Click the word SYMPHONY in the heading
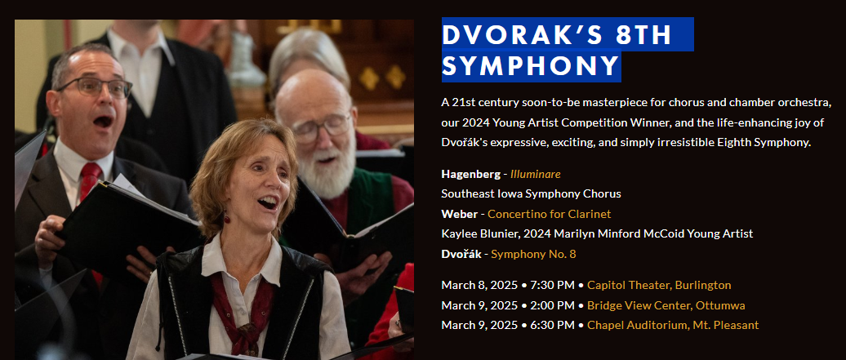(x=530, y=66)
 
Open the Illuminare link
(x=535, y=174)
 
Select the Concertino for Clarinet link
(x=550, y=214)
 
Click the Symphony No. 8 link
(x=533, y=254)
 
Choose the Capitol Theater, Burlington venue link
(x=659, y=285)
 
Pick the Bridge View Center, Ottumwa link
(x=666, y=305)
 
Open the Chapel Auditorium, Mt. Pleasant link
(x=673, y=325)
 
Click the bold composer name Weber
(x=459, y=214)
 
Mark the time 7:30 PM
(x=552, y=285)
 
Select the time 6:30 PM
(x=552, y=325)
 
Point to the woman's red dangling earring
(x=227, y=217)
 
